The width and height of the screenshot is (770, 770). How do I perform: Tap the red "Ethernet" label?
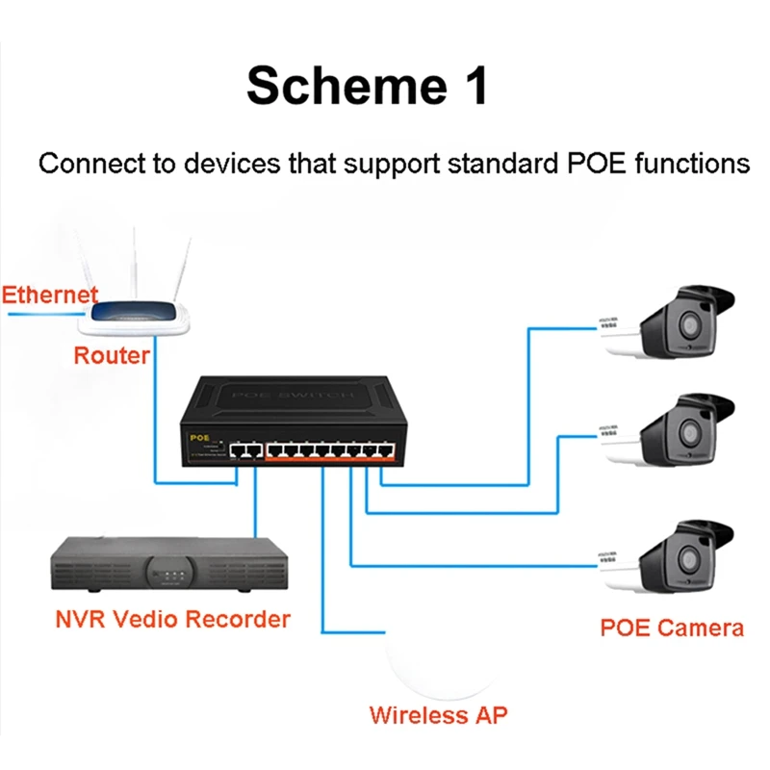pyautogui.click(x=49, y=295)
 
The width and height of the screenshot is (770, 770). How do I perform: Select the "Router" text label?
pyautogui.click(x=112, y=355)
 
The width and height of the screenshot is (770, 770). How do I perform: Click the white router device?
pyautogui.click(x=144, y=314)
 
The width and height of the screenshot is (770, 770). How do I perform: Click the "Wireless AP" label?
pyautogui.click(x=438, y=715)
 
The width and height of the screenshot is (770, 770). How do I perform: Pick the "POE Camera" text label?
pyautogui.click(x=672, y=629)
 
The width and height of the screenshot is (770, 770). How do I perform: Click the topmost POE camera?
pyautogui.click(x=670, y=321)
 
